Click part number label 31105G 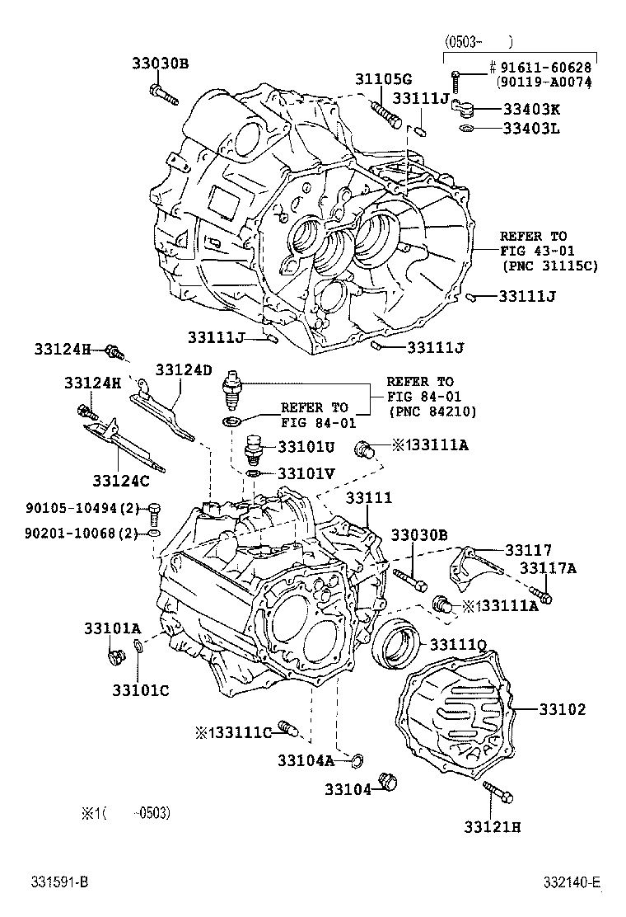pyautogui.click(x=384, y=79)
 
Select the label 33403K pyautogui.click(x=531, y=110)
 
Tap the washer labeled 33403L pyautogui.click(x=466, y=128)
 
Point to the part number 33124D pyautogui.click(x=184, y=369)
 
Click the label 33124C pyautogui.click(x=121, y=481)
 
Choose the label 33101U pyautogui.click(x=306, y=447)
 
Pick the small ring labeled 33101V pyautogui.click(x=253, y=473)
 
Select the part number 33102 pyautogui.click(x=562, y=709)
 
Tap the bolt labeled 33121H pyautogui.click(x=498, y=792)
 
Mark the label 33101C pyautogui.click(x=141, y=691)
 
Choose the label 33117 pyautogui.click(x=529, y=550)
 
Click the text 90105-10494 pyautogui.click(x=71, y=508)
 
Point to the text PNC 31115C pyautogui.click(x=551, y=266)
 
